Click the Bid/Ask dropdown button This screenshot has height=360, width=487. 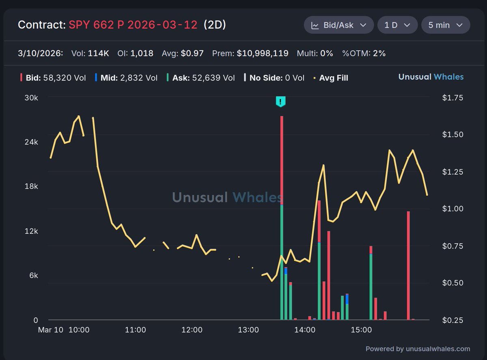pyautogui.click(x=338, y=25)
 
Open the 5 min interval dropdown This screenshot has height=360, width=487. pyautogui.click(x=446, y=25)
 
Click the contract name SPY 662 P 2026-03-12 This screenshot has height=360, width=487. pyautogui.click(x=133, y=25)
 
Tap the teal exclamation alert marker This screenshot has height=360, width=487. pyautogui.click(x=280, y=101)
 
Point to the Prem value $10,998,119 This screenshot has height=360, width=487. pyautogui.click(x=263, y=53)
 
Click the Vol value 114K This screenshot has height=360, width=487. pyautogui.click(x=98, y=53)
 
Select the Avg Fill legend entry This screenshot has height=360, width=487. pyautogui.click(x=330, y=78)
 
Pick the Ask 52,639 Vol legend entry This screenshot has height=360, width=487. pyautogui.click(x=200, y=78)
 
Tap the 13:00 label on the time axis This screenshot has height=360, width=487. pyautogui.click(x=249, y=330)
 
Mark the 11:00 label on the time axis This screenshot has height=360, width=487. pyautogui.click(x=136, y=330)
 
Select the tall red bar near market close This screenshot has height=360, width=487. pyautogui.click(x=408, y=264)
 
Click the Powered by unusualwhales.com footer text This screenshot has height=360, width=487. pyautogui.click(x=418, y=349)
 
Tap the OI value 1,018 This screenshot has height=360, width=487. pyautogui.click(x=142, y=53)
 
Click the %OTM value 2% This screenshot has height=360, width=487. pyautogui.click(x=379, y=53)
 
